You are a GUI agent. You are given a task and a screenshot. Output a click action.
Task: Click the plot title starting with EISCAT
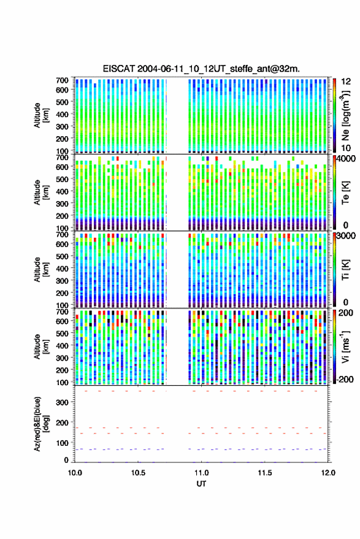(x=201, y=69)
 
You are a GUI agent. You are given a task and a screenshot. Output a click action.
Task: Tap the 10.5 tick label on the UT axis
(x=138, y=473)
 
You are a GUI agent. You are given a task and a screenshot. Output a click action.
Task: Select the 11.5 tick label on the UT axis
(x=265, y=473)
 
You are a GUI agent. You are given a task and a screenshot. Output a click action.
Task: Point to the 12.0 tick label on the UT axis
(x=328, y=473)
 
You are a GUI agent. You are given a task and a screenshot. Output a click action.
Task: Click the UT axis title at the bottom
(x=201, y=484)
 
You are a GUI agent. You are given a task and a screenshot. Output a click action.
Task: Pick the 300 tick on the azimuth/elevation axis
(x=62, y=402)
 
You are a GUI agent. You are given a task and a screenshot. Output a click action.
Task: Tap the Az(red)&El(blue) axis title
(x=41, y=424)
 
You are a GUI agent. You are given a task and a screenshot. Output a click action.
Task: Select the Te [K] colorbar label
(x=345, y=192)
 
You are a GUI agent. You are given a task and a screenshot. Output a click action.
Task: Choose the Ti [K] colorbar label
(x=345, y=270)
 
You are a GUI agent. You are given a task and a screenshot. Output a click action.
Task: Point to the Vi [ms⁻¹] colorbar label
(x=346, y=346)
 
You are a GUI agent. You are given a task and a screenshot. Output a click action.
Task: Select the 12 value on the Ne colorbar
(x=347, y=82)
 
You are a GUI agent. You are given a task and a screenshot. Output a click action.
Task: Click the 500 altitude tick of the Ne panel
(x=62, y=102)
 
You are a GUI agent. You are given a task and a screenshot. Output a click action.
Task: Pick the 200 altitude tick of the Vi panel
(x=62, y=370)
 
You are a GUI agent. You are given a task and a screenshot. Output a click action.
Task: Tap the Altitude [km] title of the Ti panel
(x=41, y=270)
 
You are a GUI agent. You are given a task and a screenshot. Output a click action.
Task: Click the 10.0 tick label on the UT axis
(x=75, y=473)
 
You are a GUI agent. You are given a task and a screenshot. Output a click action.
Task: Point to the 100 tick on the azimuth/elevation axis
(x=62, y=443)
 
